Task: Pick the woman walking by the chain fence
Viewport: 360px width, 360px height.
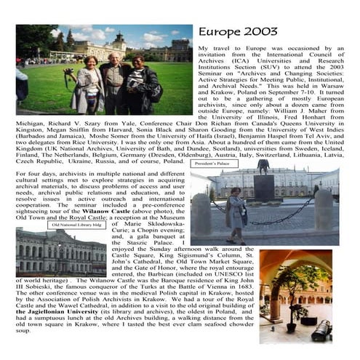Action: click(x=238, y=213)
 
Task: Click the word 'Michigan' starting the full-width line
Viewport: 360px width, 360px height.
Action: click(x=30, y=124)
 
